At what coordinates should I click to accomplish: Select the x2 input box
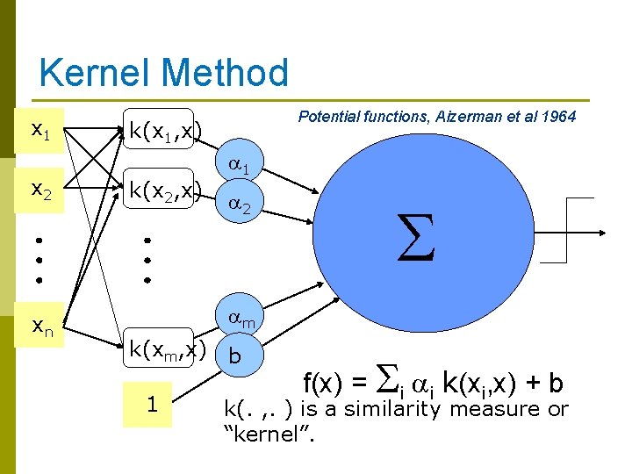[x=40, y=188]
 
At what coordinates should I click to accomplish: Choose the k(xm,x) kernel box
[x=167, y=351]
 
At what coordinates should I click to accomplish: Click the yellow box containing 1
[x=152, y=405]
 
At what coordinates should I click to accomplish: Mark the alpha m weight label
[x=241, y=320]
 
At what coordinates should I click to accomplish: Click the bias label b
[x=234, y=357]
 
